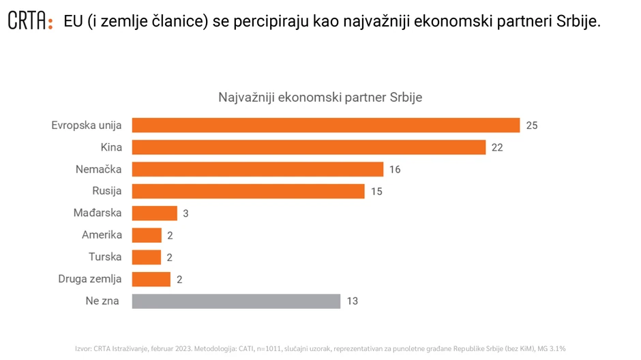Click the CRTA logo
pos(30,21)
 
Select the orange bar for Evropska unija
pos(325,125)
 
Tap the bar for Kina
pos(308,147)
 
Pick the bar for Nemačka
pos(257,169)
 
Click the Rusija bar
pos(248,191)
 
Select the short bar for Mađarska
pos(154,213)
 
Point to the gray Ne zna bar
pos(236,301)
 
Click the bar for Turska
pos(146,257)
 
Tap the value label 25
pos(532,125)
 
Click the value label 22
pos(497,147)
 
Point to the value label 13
pos(352,301)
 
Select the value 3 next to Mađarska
pos(185,213)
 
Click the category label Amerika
pos(102,235)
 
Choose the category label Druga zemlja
pos(90,279)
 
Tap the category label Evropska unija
pos(87,125)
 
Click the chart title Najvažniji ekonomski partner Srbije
pos(320,97)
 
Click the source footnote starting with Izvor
pos(320,348)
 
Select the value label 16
pos(395,169)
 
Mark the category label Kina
pos(111,147)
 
